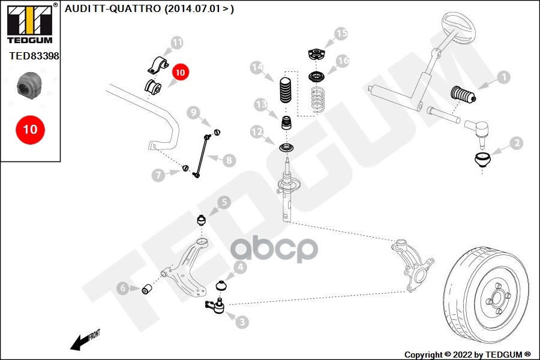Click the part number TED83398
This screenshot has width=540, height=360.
point(34,56)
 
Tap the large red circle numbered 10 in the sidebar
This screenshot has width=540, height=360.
point(31,130)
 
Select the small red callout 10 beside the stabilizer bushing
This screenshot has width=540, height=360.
point(180,73)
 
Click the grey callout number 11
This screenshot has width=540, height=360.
point(176,43)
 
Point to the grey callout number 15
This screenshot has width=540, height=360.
point(341,34)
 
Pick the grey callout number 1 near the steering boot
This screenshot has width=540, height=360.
point(504,77)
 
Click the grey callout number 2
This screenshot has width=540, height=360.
point(517,143)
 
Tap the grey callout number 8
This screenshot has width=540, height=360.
point(229,160)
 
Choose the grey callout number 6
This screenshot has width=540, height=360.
point(123,288)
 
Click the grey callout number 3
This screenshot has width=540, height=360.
point(242,322)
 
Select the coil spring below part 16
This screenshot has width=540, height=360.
point(318,100)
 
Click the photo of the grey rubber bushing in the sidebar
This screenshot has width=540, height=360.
point(29,85)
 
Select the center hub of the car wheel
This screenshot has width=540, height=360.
point(497,297)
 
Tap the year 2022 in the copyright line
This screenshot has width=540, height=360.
point(463,355)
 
